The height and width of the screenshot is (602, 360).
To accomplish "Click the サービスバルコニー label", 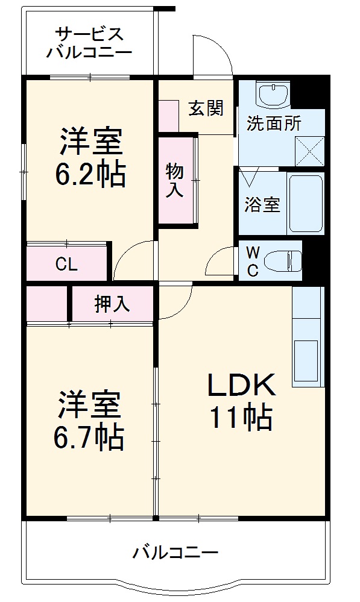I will [x=89, y=42].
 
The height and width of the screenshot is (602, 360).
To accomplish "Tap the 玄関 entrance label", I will [x=206, y=108].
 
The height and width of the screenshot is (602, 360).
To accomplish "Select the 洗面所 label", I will [x=274, y=124].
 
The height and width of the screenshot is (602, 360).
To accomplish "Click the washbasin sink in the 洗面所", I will [x=274, y=93].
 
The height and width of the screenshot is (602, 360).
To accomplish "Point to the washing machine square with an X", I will [x=309, y=150].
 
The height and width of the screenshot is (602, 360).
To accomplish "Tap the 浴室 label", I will [x=262, y=205].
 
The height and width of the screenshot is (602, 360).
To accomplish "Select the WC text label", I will [x=253, y=261].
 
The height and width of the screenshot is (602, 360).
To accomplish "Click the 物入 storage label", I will [x=175, y=180].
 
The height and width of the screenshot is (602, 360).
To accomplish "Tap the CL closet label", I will [x=66, y=264].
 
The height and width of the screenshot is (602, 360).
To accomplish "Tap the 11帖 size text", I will [x=241, y=418].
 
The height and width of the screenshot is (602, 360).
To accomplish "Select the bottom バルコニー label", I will [x=175, y=551].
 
